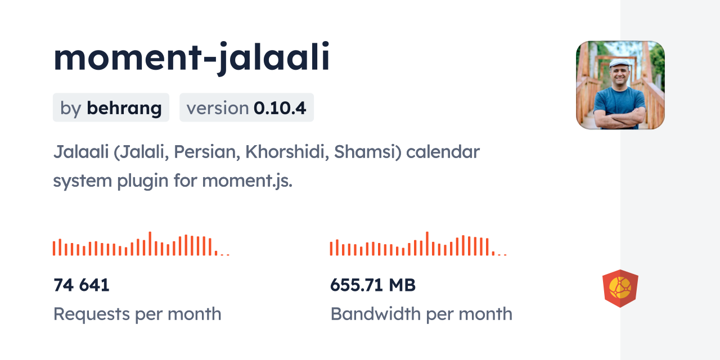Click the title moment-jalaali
[192, 58]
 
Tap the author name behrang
[124, 109]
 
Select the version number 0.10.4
[280, 108]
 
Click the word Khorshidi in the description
[287, 152]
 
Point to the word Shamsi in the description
[368, 152]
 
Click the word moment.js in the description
[247, 181]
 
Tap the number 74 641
[82, 285]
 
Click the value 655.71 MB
[373, 285]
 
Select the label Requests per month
[137, 314]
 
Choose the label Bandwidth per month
[421, 314]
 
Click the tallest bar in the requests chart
[150, 244]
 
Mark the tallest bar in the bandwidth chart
[427, 244]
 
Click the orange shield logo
[620, 289]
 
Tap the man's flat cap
[619, 63]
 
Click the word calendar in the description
[443, 152]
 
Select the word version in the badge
[218, 109]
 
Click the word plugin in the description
[143, 181]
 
